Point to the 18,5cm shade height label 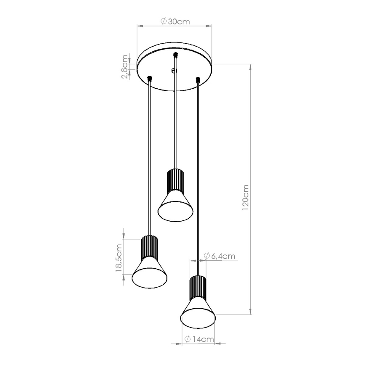[x=119, y=258]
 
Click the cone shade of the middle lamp [x=175, y=204]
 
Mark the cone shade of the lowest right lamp [x=198, y=313]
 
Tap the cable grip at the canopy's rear [x=175, y=55]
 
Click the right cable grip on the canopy [x=197, y=79]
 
